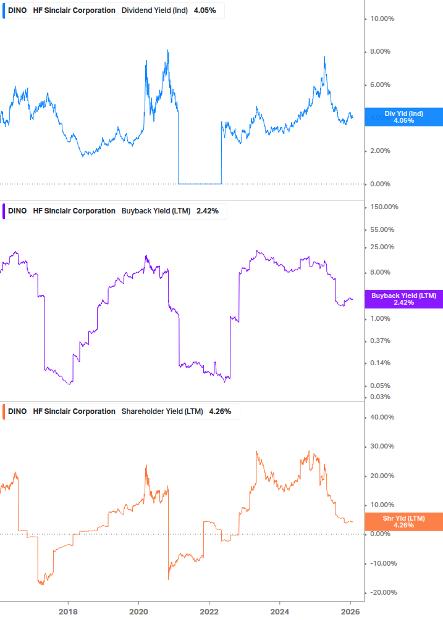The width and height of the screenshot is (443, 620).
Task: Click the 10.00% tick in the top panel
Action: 382,19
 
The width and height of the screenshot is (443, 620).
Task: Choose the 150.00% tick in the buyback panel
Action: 384,207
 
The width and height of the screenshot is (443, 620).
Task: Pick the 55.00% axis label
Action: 382,230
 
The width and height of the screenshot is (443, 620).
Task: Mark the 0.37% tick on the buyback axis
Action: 380,341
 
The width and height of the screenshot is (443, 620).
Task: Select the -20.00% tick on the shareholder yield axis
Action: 383,593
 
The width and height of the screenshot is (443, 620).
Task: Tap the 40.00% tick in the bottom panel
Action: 382,418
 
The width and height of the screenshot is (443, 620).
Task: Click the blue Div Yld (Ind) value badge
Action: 403,117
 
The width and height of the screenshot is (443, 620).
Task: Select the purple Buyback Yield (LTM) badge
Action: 403,299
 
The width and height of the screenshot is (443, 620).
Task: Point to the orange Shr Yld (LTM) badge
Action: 403,522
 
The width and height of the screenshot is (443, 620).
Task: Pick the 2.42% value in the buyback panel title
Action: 206,211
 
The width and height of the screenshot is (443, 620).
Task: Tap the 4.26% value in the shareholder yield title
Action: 220,411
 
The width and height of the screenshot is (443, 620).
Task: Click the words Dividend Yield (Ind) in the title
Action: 154,10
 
